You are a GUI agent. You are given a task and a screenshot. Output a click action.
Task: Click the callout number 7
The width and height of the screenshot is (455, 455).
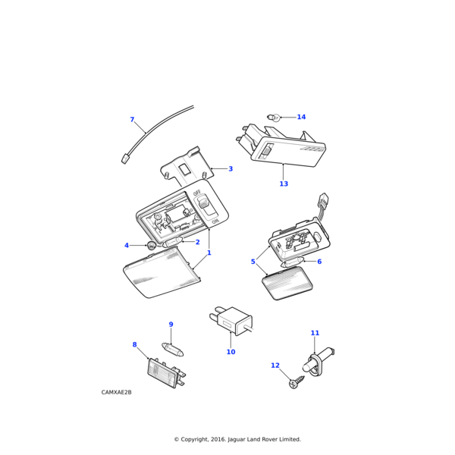click(132, 120)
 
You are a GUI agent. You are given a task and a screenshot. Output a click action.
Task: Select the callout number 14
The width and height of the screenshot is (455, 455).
click(301, 117)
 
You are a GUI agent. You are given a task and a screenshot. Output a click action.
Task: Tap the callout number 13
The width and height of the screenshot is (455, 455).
click(284, 184)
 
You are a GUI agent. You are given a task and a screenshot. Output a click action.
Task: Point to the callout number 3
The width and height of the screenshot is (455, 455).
click(231, 169)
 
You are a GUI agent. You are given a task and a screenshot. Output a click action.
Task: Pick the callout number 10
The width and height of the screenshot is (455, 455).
click(231, 352)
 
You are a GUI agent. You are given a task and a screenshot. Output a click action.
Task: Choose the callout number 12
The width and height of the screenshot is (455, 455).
click(275, 366)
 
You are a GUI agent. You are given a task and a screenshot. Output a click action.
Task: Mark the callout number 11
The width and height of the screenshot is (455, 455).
click(315, 333)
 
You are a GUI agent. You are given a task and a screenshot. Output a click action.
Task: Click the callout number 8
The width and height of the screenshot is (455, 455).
click(135, 345)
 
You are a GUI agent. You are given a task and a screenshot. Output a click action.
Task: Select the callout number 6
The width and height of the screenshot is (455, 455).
click(319, 262)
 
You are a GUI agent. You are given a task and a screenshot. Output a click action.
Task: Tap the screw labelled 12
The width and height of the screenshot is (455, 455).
click(293, 384)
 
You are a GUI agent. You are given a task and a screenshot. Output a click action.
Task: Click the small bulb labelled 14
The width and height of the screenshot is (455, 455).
click(275, 118)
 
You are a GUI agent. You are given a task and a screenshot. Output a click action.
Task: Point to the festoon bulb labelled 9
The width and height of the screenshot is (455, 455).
click(174, 350)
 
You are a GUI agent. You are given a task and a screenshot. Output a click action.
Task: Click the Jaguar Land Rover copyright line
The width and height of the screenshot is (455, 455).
click(237, 439)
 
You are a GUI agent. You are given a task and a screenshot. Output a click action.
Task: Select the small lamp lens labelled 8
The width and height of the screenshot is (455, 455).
click(165, 373)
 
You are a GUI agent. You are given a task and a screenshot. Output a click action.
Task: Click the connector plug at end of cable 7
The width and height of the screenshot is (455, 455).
click(125, 158)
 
